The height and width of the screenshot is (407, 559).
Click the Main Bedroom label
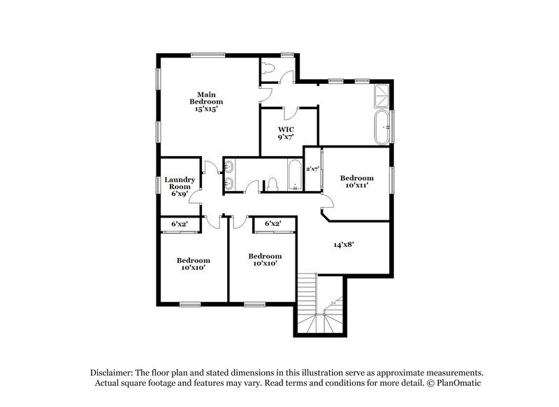[x=205, y=102]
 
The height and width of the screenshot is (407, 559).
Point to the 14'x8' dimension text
[x=342, y=245]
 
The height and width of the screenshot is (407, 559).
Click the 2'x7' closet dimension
[x=312, y=169]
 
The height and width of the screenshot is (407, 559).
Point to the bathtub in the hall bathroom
[x=295, y=175]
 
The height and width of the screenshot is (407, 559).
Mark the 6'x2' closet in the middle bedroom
[x=273, y=223]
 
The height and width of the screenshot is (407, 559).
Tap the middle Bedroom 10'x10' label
[x=265, y=259]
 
